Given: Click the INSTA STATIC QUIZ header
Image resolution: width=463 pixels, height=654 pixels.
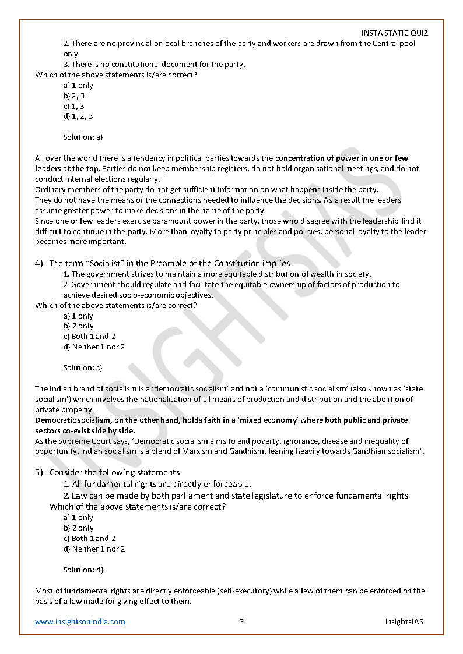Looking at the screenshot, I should pyautogui.click(x=394, y=33).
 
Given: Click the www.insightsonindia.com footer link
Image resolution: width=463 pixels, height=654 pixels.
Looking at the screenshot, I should pyautogui.click(x=80, y=621).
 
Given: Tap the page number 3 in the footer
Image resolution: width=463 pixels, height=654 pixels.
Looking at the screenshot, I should pyautogui.click(x=241, y=621).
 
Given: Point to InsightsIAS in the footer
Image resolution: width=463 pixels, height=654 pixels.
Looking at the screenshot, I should pyautogui.click(x=404, y=621).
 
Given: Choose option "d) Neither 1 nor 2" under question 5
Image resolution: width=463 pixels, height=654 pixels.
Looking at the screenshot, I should pyautogui.click(x=94, y=549).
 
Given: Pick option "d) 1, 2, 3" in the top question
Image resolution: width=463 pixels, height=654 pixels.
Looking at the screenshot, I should pyautogui.click(x=78, y=116).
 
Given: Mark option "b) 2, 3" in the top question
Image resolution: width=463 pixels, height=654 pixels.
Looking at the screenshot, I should pyautogui.click(x=74, y=96).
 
